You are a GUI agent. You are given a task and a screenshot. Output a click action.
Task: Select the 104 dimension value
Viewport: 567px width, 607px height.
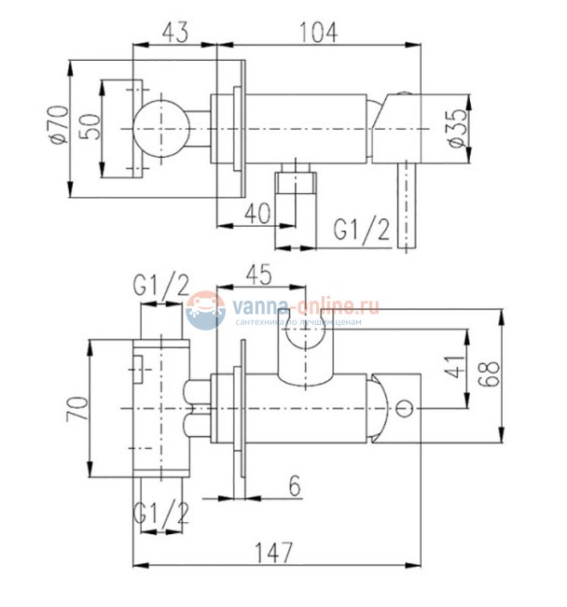[318, 32]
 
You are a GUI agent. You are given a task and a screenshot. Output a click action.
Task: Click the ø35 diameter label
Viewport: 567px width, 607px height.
[455, 126]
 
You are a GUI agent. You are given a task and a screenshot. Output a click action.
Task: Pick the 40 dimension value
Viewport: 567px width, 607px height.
[258, 212]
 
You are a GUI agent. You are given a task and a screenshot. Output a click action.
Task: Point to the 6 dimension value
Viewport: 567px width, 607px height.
[294, 487]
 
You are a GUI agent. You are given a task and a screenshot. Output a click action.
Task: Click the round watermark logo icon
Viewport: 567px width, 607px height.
[204, 311]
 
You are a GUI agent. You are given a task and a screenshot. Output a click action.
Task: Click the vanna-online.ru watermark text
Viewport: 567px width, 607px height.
[309, 304]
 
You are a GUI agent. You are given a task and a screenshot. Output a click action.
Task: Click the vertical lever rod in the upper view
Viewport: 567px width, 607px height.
[407, 205]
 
